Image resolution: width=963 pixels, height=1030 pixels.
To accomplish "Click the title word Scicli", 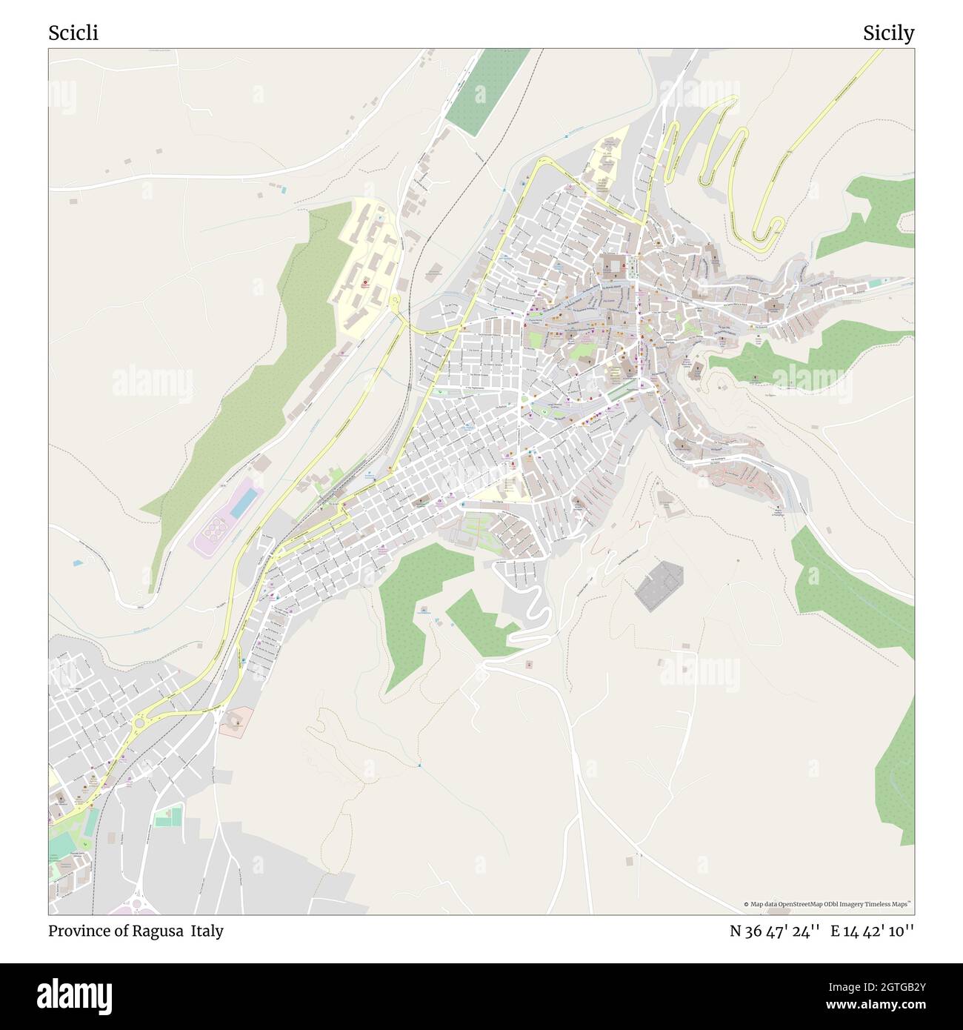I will click(x=73, y=33).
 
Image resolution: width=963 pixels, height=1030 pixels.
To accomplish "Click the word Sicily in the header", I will click(x=888, y=33).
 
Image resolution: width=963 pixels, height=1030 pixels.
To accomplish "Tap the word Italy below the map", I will click(x=207, y=931).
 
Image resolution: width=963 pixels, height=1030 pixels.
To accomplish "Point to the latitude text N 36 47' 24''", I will click(x=774, y=931).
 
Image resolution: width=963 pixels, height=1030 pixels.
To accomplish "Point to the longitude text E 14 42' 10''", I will click(x=872, y=931).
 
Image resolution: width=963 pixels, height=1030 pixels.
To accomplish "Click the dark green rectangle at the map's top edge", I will click(x=487, y=91).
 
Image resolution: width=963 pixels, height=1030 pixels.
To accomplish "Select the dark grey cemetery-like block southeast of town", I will click(x=659, y=585).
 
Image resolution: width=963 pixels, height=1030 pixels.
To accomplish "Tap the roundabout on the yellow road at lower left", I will click(x=140, y=721).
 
